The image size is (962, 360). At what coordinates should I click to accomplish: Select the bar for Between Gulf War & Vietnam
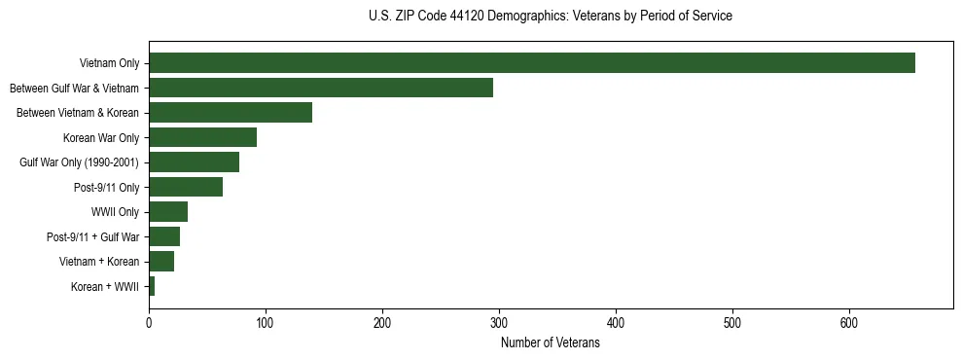(321, 88)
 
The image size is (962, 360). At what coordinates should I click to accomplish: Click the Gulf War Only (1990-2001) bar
(194, 162)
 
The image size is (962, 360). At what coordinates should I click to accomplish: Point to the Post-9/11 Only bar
(186, 187)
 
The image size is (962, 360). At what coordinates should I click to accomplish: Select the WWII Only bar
(168, 212)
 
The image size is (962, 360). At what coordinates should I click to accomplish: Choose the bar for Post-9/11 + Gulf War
(164, 236)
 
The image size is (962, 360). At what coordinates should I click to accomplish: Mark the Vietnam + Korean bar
(161, 262)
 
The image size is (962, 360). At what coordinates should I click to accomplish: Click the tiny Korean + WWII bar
(152, 286)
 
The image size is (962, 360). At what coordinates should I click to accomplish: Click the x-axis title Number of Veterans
(551, 343)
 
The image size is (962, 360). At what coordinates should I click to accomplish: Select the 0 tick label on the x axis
(149, 323)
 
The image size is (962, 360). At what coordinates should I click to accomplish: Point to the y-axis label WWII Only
(115, 212)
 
